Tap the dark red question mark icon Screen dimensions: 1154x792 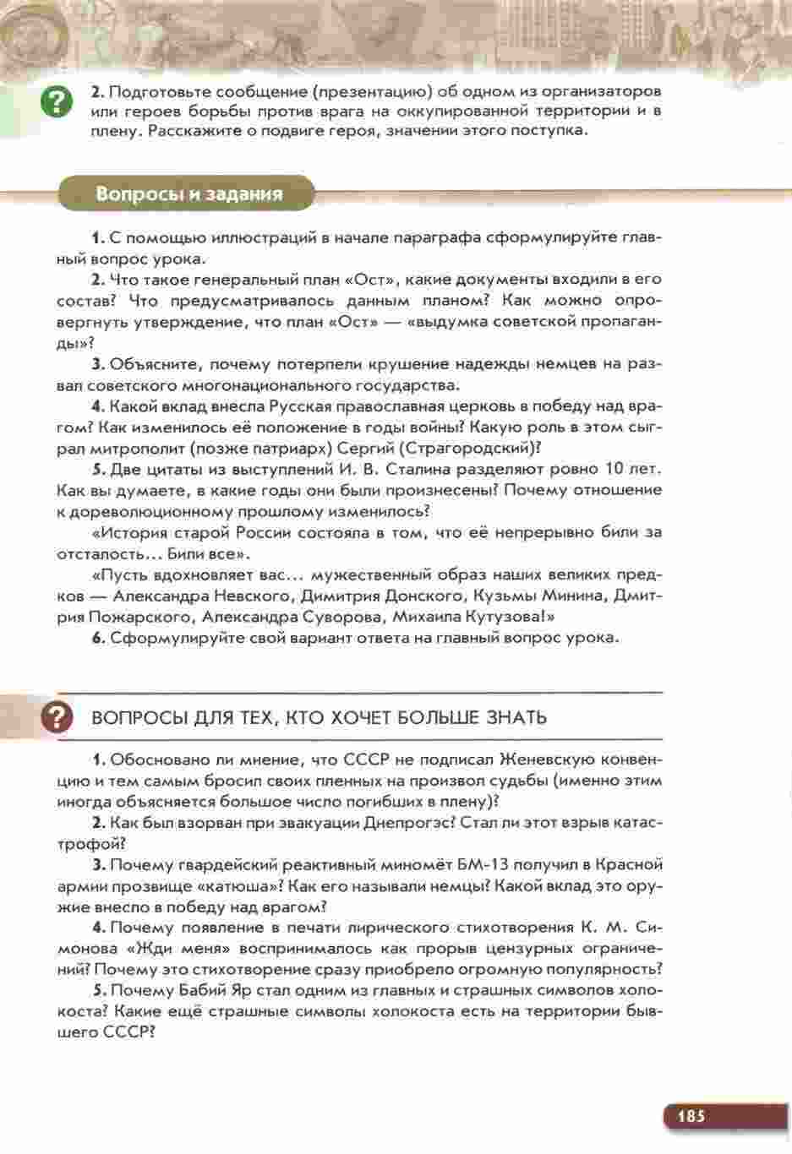click(56, 717)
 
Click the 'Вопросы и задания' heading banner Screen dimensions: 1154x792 click(188, 193)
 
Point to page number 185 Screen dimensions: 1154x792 click(690, 1116)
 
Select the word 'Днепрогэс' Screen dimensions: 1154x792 click(417, 822)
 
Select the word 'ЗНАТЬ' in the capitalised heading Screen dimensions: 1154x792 click(516, 717)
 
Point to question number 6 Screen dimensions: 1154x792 click(97, 638)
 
